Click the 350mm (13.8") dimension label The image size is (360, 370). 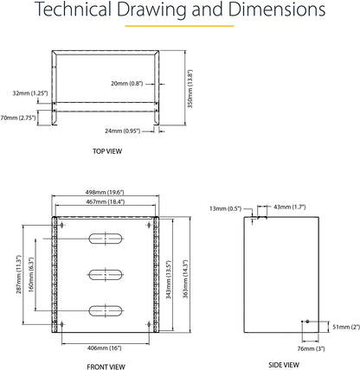(190, 89)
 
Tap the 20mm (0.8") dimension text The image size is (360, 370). (127, 84)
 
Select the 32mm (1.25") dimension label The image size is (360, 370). (30, 93)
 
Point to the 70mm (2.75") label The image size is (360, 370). (18, 118)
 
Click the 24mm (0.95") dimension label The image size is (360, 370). (122, 131)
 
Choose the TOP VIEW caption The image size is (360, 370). (107, 151)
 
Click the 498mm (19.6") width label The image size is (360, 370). (105, 192)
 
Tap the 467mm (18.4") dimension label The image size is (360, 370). (106, 202)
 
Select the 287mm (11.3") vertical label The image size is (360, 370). (19, 274)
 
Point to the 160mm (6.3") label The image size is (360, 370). (31, 275)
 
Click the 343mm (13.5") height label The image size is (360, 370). (169, 280)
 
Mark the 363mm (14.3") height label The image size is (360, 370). (185, 279)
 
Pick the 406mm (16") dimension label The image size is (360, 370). (105, 348)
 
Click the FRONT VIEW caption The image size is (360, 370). (106, 367)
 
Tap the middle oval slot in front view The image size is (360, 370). (106, 275)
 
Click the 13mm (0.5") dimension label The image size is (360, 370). (225, 208)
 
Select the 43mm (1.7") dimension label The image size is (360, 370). (290, 207)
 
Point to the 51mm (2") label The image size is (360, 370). (346, 327)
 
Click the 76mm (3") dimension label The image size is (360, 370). (311, 348)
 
